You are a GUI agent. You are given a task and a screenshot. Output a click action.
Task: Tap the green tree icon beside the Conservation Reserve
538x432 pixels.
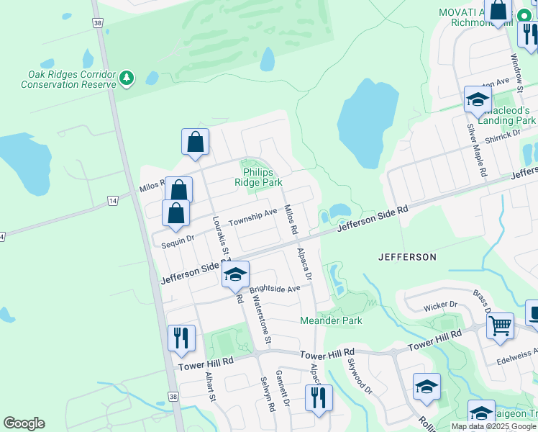click(x=127, y=77)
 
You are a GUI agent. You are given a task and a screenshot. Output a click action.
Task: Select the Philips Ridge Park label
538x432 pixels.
click(x=258, y=177)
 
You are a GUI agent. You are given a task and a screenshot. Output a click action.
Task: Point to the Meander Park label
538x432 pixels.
click(x=331, y=320)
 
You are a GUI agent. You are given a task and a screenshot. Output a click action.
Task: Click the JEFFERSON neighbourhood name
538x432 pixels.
click(x=407, y=256)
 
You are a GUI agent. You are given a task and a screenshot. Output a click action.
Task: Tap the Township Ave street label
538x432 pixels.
click(x=252, y=217)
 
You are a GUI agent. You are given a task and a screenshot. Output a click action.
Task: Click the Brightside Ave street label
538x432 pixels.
click(x=275, y=289)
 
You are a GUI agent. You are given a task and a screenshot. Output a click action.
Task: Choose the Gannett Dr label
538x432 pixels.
click(x=283, y=390)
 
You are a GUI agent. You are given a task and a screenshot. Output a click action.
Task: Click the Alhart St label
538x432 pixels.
click(x=209, y=387)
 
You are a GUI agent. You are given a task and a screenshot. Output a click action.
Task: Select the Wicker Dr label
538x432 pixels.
click(x=441, y=305)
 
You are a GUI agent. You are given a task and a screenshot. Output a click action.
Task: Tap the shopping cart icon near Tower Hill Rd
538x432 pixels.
click(x=500, y=324)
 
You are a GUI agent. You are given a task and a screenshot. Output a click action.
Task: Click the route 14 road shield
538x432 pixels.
click(x=112, y=199)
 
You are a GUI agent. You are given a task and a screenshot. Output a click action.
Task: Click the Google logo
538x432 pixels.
click(x=24, y=423)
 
